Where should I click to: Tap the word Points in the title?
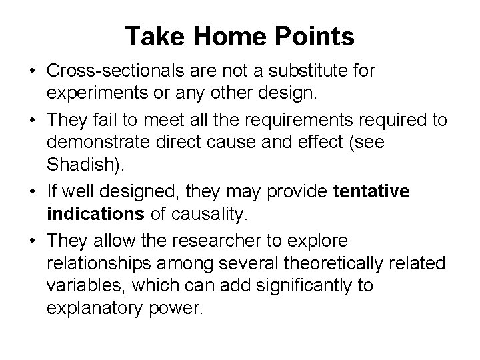click(313, 37)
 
